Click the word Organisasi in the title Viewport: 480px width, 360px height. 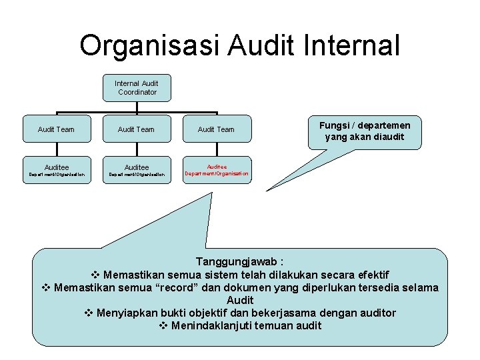point(149,46)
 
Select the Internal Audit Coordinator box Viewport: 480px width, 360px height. point(137,88)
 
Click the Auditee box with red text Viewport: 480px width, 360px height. point(216,171)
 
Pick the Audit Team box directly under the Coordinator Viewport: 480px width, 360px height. point(136,129)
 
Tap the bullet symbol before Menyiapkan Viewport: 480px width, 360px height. point(90,313)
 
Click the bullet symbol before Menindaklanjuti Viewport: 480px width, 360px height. point(164,325)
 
